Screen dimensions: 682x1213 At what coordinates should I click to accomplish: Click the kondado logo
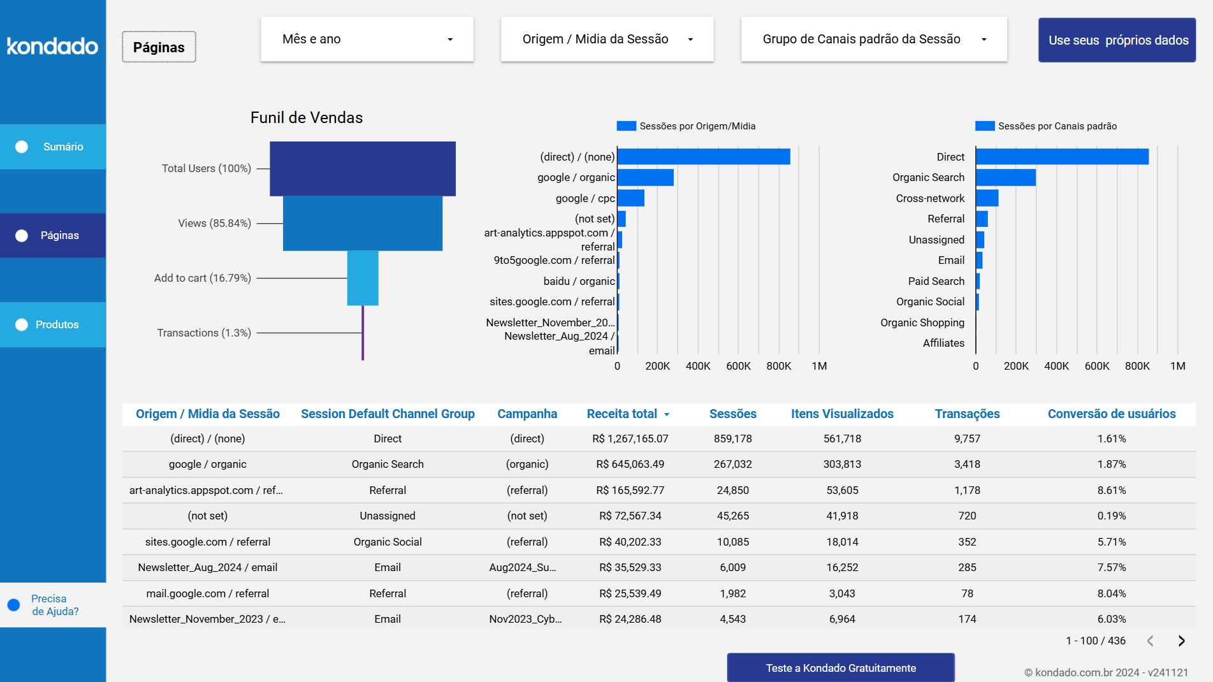(52, 46)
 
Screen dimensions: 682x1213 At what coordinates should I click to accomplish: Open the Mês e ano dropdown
(367, 40)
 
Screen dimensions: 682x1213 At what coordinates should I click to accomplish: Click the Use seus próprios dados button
(1117, 40)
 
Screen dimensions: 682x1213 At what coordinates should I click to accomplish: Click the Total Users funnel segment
(362, 168)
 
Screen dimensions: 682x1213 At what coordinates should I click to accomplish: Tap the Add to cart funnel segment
(362, 278)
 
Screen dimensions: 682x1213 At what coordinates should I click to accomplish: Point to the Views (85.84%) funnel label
(214, 223)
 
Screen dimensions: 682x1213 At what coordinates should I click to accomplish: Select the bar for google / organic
(645, 177)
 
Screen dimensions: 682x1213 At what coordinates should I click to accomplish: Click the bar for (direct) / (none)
(703, 157)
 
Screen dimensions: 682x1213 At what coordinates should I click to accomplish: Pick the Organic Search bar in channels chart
(1005, 177)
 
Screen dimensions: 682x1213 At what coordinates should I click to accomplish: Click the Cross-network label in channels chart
(930, 198)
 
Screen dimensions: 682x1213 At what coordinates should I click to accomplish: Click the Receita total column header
(622, 414)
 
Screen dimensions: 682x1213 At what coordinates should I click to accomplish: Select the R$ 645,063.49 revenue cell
(630, 464)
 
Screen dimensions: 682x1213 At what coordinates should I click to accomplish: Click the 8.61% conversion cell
(1111, 490)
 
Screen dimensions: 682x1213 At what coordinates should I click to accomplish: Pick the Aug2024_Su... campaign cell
(523, 567)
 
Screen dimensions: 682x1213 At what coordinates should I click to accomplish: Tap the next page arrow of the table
(1181, 641)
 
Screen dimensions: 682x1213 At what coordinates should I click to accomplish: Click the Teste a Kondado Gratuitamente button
(840, 667)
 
